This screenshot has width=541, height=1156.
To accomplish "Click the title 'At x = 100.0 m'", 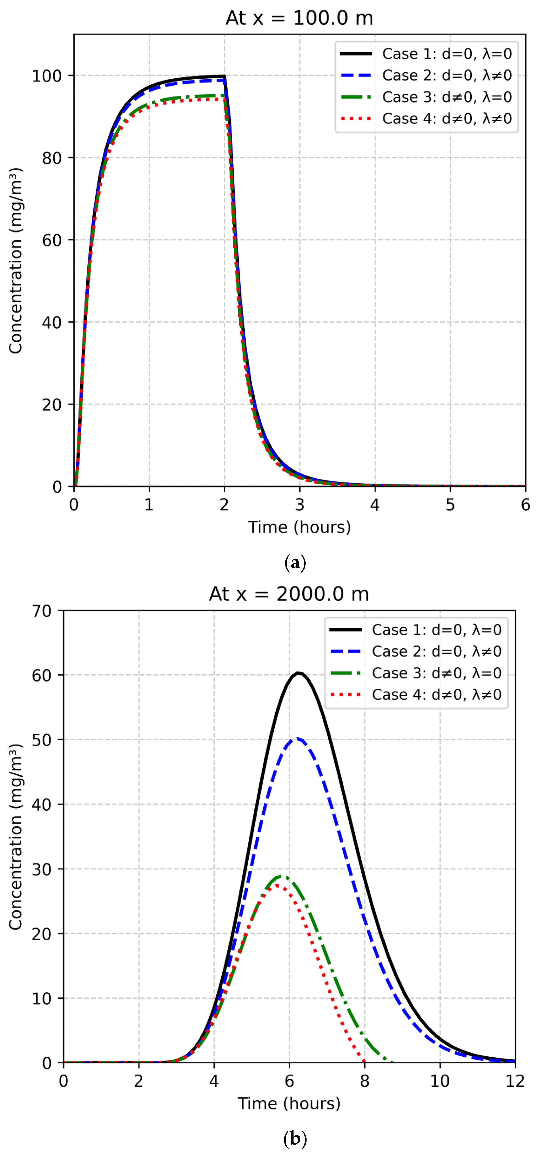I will [299, 18].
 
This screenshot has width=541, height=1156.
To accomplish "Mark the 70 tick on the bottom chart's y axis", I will [41, 611].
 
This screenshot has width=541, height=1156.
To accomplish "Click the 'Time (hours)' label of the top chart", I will [299, 527].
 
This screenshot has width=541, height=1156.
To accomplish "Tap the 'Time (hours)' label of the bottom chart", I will [289, 1103].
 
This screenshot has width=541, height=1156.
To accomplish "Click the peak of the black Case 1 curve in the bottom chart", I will [298, 673].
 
